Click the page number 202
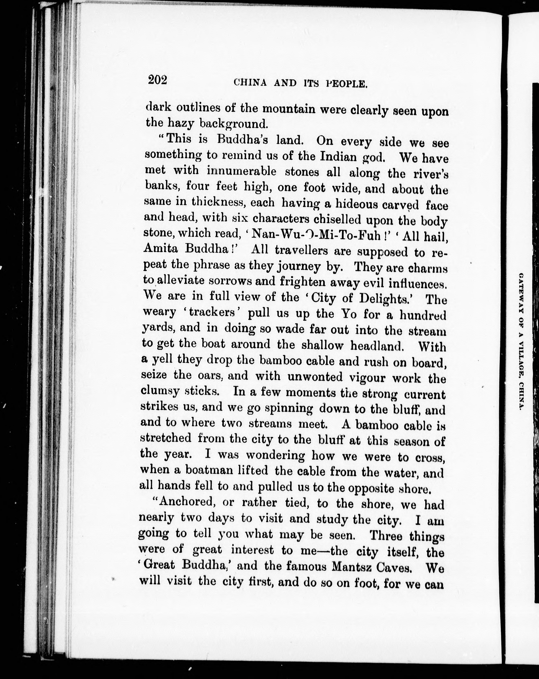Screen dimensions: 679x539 pyautogui.click(x=157, y=80)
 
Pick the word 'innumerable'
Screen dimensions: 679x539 pyautogui.click(x=241, y=171)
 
